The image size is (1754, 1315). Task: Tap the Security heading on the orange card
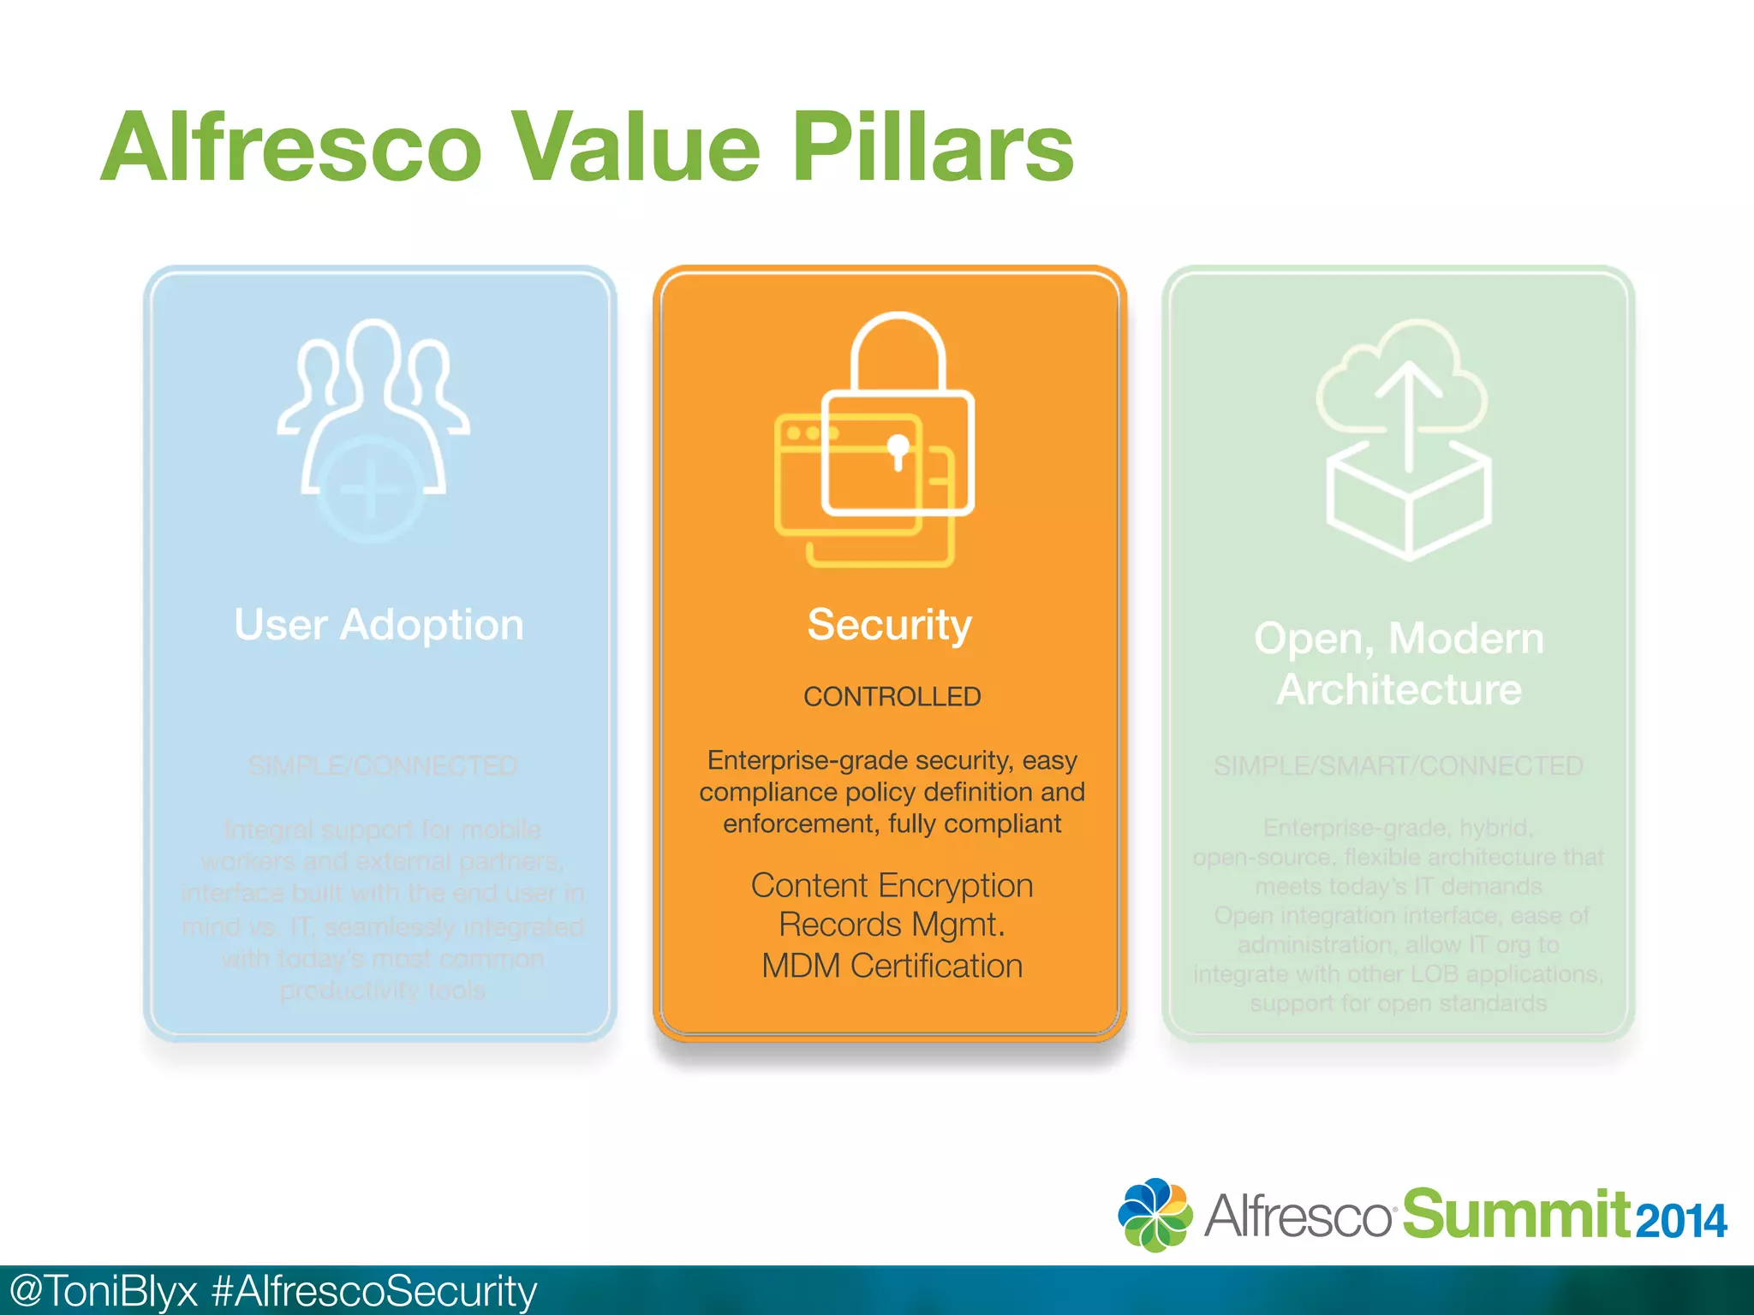pos(889,624)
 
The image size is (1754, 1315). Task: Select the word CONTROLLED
pos(892,697)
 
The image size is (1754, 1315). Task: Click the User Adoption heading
pos(379,624)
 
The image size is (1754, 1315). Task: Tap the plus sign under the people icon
pos(370,491)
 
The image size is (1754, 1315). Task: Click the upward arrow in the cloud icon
pos(1408,411)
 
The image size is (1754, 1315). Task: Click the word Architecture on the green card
pos(1399,690)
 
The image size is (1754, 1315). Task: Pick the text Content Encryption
pos(892,885)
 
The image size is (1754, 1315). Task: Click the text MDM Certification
pos(892,966)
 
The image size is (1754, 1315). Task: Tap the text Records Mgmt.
pos(892,925)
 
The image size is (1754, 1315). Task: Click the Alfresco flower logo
pos(1154,1215)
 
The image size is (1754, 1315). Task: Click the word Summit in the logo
pos(1516,1214)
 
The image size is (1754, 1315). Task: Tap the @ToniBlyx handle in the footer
pos(103,1291)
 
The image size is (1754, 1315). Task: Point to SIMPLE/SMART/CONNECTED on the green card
pos(1398,766)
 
